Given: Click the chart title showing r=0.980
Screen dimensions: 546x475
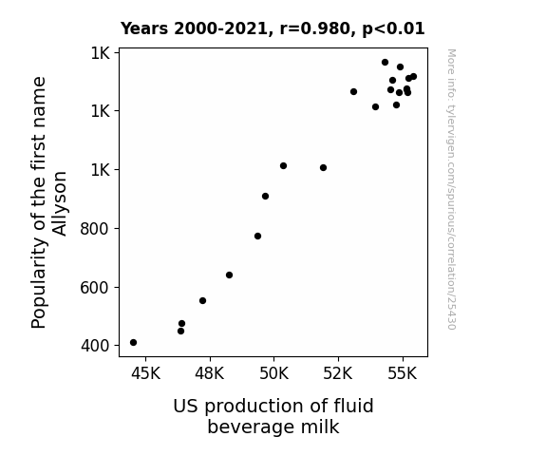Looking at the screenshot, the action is (273, 28).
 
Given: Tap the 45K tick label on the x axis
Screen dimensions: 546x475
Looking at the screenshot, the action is (145, 373).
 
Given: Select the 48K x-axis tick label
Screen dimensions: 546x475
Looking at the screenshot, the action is (210, 373).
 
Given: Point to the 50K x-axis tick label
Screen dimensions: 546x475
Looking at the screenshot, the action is (274, 373).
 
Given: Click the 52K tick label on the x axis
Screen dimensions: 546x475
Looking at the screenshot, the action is (338, 373).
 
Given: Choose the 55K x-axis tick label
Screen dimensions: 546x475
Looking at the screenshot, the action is (403, 373).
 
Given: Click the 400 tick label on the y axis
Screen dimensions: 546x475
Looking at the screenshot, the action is (95, 346).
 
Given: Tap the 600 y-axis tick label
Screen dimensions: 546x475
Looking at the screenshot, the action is (95, 288).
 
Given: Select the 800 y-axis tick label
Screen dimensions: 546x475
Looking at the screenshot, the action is (95, 229).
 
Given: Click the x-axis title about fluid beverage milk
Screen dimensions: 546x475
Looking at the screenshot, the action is (273, 416).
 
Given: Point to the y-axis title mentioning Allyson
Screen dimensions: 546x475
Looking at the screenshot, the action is (48, 202).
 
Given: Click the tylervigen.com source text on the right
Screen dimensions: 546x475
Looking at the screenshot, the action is (452, 189).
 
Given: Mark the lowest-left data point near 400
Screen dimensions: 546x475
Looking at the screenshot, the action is (133, 343).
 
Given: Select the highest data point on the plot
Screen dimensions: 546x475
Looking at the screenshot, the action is (386, 63).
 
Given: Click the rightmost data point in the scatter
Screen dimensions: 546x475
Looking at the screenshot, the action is (414, 77).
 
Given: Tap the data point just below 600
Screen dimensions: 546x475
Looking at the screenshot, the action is (202, 301).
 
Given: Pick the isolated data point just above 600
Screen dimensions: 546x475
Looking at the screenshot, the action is (229, 275).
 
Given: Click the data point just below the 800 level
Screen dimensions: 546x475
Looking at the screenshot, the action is (257, 237).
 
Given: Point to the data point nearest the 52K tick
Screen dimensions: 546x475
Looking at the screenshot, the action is (354, 91).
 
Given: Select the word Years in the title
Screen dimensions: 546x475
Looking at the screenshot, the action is (144, 28).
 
